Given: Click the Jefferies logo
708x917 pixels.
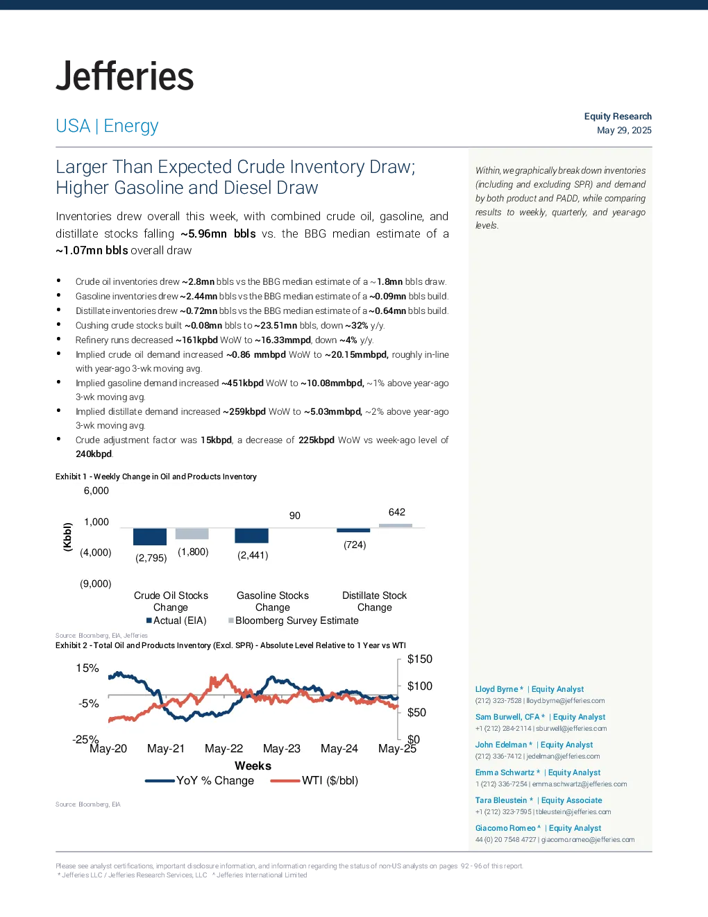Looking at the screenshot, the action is [124, 76].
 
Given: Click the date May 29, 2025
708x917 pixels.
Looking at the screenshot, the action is [623, 131].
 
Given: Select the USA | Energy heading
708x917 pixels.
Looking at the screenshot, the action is [107, 126].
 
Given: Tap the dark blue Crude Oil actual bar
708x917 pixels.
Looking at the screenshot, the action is [150, 536].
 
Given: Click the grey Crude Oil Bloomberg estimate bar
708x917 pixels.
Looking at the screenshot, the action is [192, 534].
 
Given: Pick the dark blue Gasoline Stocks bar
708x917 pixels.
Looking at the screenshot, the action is [251, 536].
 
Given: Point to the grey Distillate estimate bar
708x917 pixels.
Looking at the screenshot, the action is [396, 526].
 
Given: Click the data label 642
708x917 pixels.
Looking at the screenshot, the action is [397, 512].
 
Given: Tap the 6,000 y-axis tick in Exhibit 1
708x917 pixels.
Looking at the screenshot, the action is [96, 490].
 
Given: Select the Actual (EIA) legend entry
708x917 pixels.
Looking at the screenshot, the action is [176, 620].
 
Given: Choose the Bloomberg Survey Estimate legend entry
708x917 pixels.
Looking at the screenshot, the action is [294, 620].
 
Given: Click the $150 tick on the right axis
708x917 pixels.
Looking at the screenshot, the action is [419, 659].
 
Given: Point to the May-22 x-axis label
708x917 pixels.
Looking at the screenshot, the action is [224, 749].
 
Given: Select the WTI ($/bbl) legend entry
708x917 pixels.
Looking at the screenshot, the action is [314, 781].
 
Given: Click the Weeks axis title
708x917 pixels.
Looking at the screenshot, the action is [253, 766].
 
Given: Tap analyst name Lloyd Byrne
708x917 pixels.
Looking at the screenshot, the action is [496, 689].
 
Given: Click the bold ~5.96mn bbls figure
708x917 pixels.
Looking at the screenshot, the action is [218, 233].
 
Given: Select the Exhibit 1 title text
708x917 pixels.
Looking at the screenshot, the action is [156, 477].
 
